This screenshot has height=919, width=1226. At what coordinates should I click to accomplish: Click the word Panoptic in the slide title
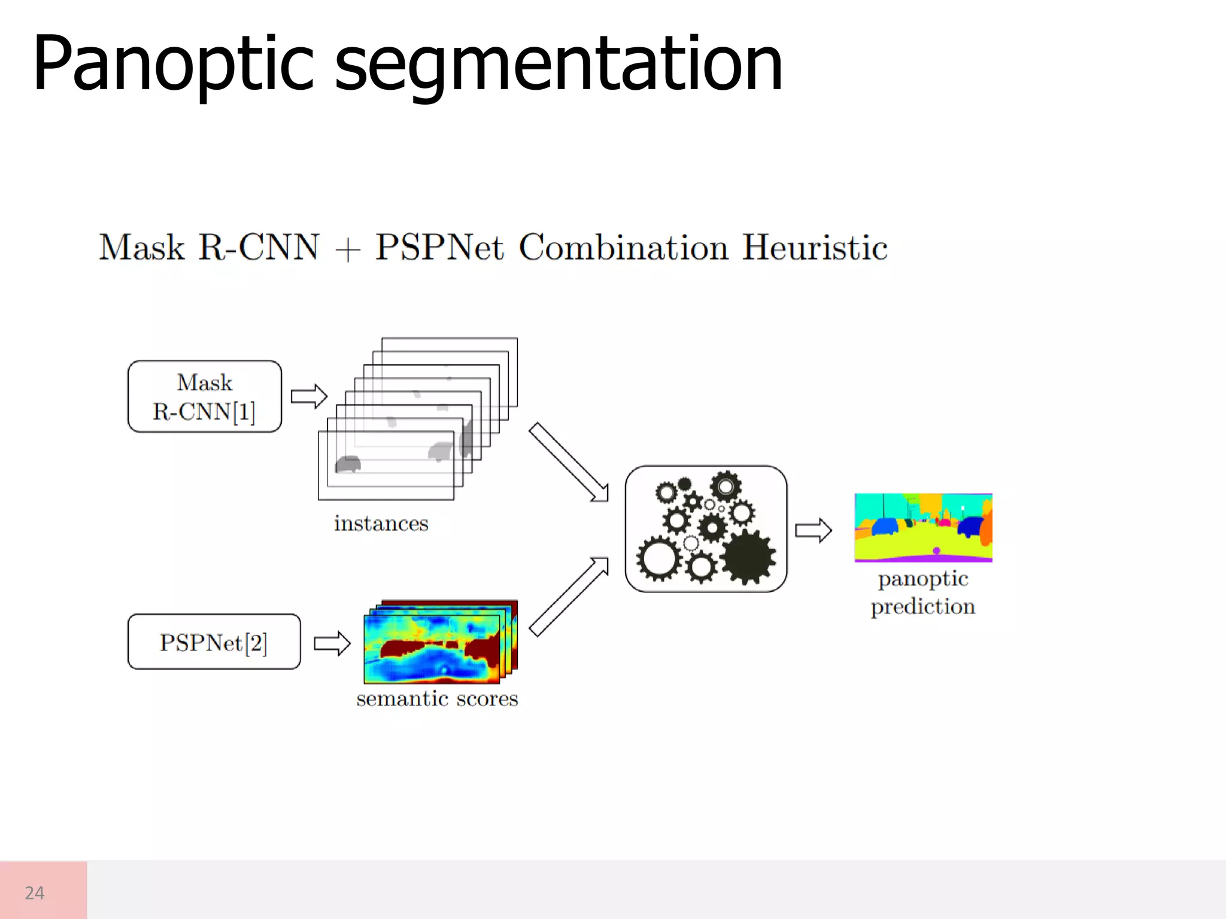point(174,65)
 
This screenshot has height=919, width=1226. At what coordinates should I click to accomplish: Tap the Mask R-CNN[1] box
point(204,397)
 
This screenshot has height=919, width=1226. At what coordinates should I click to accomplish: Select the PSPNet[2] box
point(214,642)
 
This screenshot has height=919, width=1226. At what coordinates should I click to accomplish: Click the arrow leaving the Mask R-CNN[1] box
point(309,396)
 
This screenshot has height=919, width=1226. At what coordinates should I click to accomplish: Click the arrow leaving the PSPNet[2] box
point(332,643)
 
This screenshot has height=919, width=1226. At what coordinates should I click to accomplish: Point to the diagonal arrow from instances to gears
point(569,462)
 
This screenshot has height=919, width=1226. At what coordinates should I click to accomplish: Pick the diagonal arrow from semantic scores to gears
point(569,597)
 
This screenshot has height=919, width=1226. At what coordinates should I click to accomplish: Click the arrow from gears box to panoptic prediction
point(814,530)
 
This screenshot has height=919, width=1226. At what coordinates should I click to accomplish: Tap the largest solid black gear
point(748,556)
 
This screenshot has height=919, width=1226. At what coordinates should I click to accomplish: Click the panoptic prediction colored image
point(923,528)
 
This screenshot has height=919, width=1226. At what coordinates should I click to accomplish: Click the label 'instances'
point(381,524)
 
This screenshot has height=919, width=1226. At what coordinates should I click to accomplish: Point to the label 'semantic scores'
point(437,699)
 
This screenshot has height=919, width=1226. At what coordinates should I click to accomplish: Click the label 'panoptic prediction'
point(923,592)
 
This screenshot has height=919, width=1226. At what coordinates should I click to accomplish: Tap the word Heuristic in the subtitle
point(815,248)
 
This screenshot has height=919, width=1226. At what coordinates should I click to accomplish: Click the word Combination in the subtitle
point(624,248)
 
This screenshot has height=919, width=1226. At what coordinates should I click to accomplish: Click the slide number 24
point(35,893)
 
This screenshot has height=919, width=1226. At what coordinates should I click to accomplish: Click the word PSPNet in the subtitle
point(440,248)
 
